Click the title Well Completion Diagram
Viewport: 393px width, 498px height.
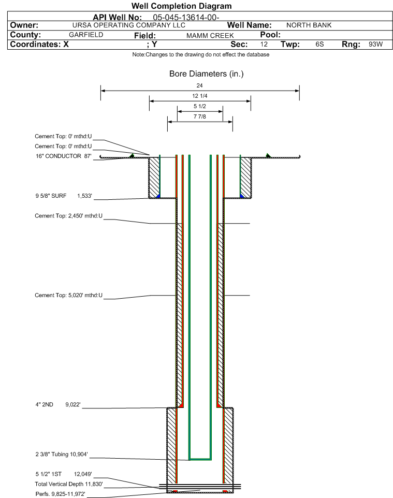tap(181, 6)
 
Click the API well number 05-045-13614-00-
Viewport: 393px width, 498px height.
tap(186, 17)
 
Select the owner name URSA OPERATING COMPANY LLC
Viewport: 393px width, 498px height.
tap(129, 25)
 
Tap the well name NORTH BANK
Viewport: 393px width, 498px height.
tap(309, 25)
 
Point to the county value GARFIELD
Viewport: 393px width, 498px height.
tap(86, 35)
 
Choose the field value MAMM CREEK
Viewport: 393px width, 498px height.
tap(210, 35)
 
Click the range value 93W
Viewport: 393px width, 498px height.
tap(375, 44)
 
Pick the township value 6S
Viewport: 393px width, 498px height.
tap(319, 44)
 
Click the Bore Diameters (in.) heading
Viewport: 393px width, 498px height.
tap(206, 74)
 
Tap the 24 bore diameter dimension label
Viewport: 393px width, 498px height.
tap(199, 85)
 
